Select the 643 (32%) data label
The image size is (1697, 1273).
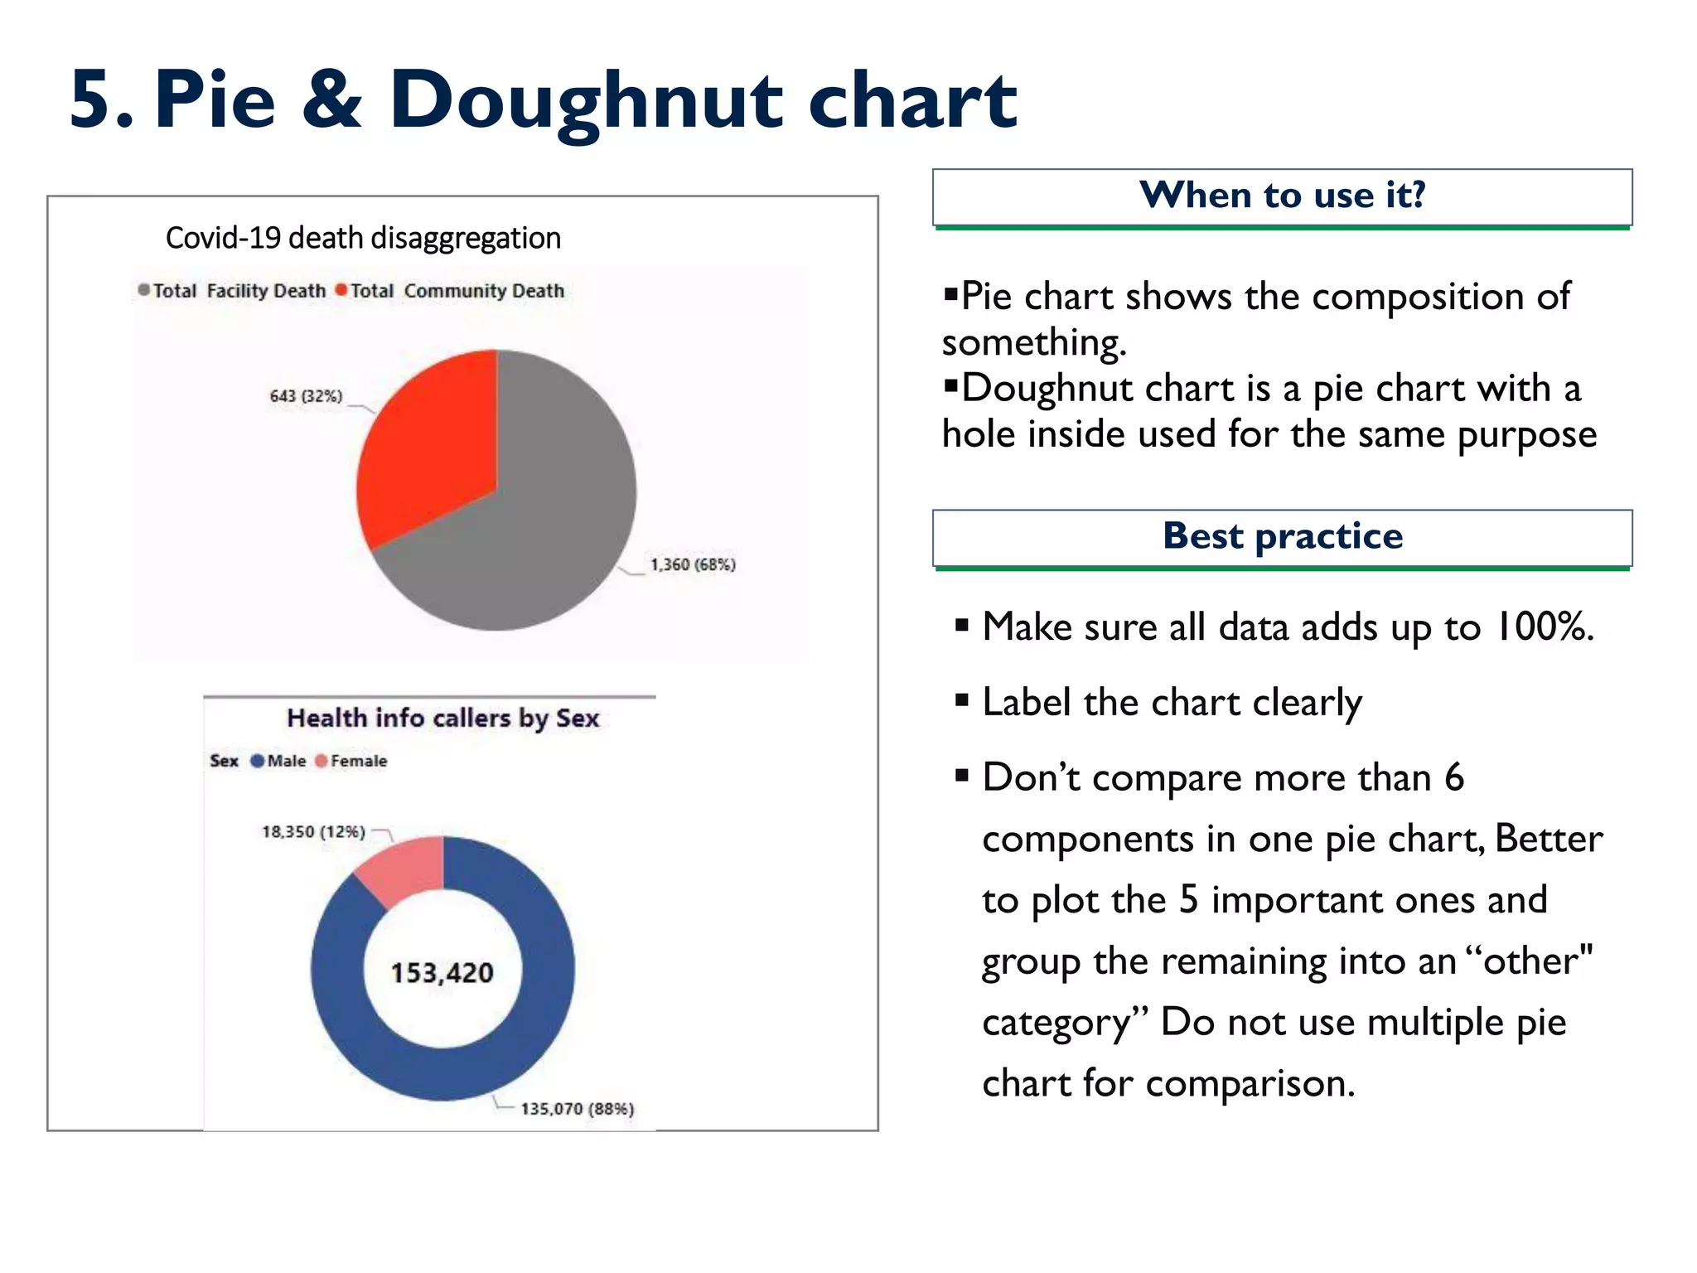pos(306,396)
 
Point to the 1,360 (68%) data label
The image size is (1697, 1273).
pos(693,564)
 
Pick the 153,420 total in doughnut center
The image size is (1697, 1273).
pos(442,972)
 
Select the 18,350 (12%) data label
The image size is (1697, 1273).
pos(313,831)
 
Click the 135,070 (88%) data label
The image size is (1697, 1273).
pos(577,1109)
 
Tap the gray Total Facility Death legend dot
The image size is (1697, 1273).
pos(144,290)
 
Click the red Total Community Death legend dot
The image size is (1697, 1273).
pos(341,290)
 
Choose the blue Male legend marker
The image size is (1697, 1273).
pos(257,761)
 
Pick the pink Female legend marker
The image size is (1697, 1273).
pos(322,761)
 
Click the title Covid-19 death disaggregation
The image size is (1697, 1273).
pos(363,238)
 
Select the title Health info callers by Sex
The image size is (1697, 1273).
pos(442,718)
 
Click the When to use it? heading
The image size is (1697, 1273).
pos(1282,196)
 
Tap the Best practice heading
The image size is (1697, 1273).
pos(1282,536)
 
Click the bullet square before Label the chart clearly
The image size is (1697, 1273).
pos(961,700)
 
